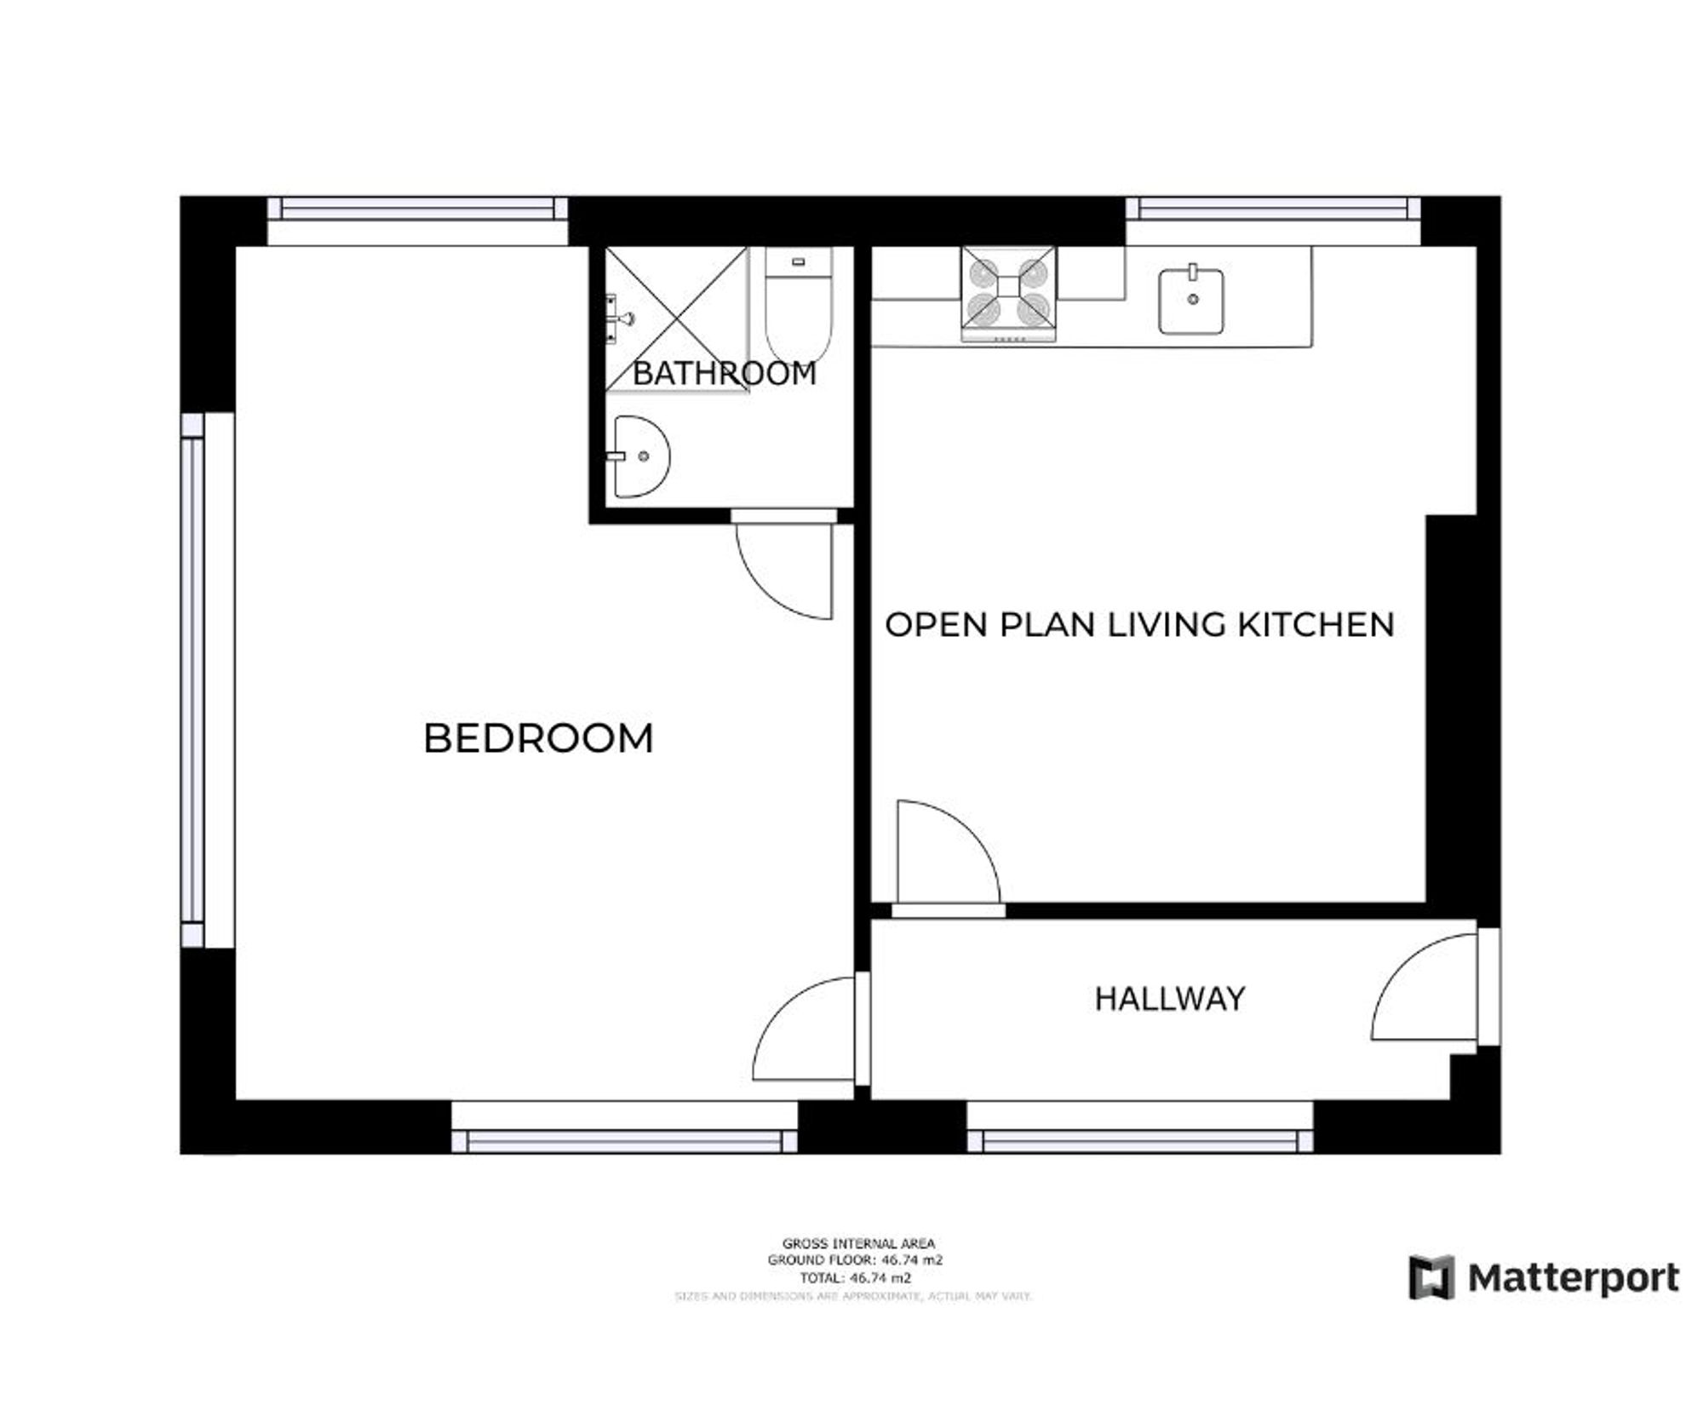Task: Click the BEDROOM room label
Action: pyautogui.click(x=538, y=738)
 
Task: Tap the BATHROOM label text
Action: pyautogui.click(x=724, y=373)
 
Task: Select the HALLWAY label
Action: pyautogui.click(x=1169, y=999)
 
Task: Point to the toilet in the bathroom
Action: pyautogui.click(x=798, y=307)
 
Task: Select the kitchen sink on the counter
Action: pyautogui.click(x=1191, y=301)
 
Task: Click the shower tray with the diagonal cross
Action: pyautogui.click(x=676, y=318)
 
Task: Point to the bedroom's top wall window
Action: pyautogui.click(x=417, y=209)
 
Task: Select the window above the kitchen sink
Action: pyautogui.click(x=1273, y=209)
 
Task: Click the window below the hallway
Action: pyautogui.click(x=1139, y=1140)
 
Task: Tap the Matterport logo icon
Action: pyautogui.click(x=1431, y=1277)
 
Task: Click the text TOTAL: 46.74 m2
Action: pyautogui.click(x=855, y=1277)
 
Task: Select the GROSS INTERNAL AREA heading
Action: pyautogui.click(x=858, y=1243)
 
